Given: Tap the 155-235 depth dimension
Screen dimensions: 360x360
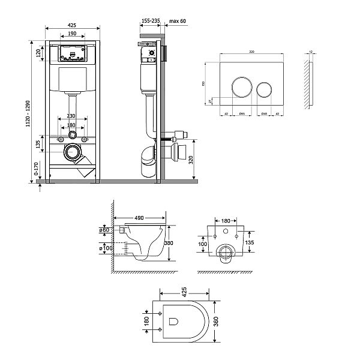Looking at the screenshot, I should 150,20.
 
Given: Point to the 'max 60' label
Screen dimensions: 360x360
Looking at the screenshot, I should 178,20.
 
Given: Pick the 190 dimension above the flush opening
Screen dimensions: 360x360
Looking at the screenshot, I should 71,34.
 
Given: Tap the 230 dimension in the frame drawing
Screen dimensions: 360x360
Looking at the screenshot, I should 71,115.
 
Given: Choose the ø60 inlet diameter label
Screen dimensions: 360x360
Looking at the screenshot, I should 103,230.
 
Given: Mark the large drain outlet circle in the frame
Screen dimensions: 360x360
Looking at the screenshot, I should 72,152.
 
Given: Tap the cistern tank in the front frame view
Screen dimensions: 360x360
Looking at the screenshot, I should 71,78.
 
